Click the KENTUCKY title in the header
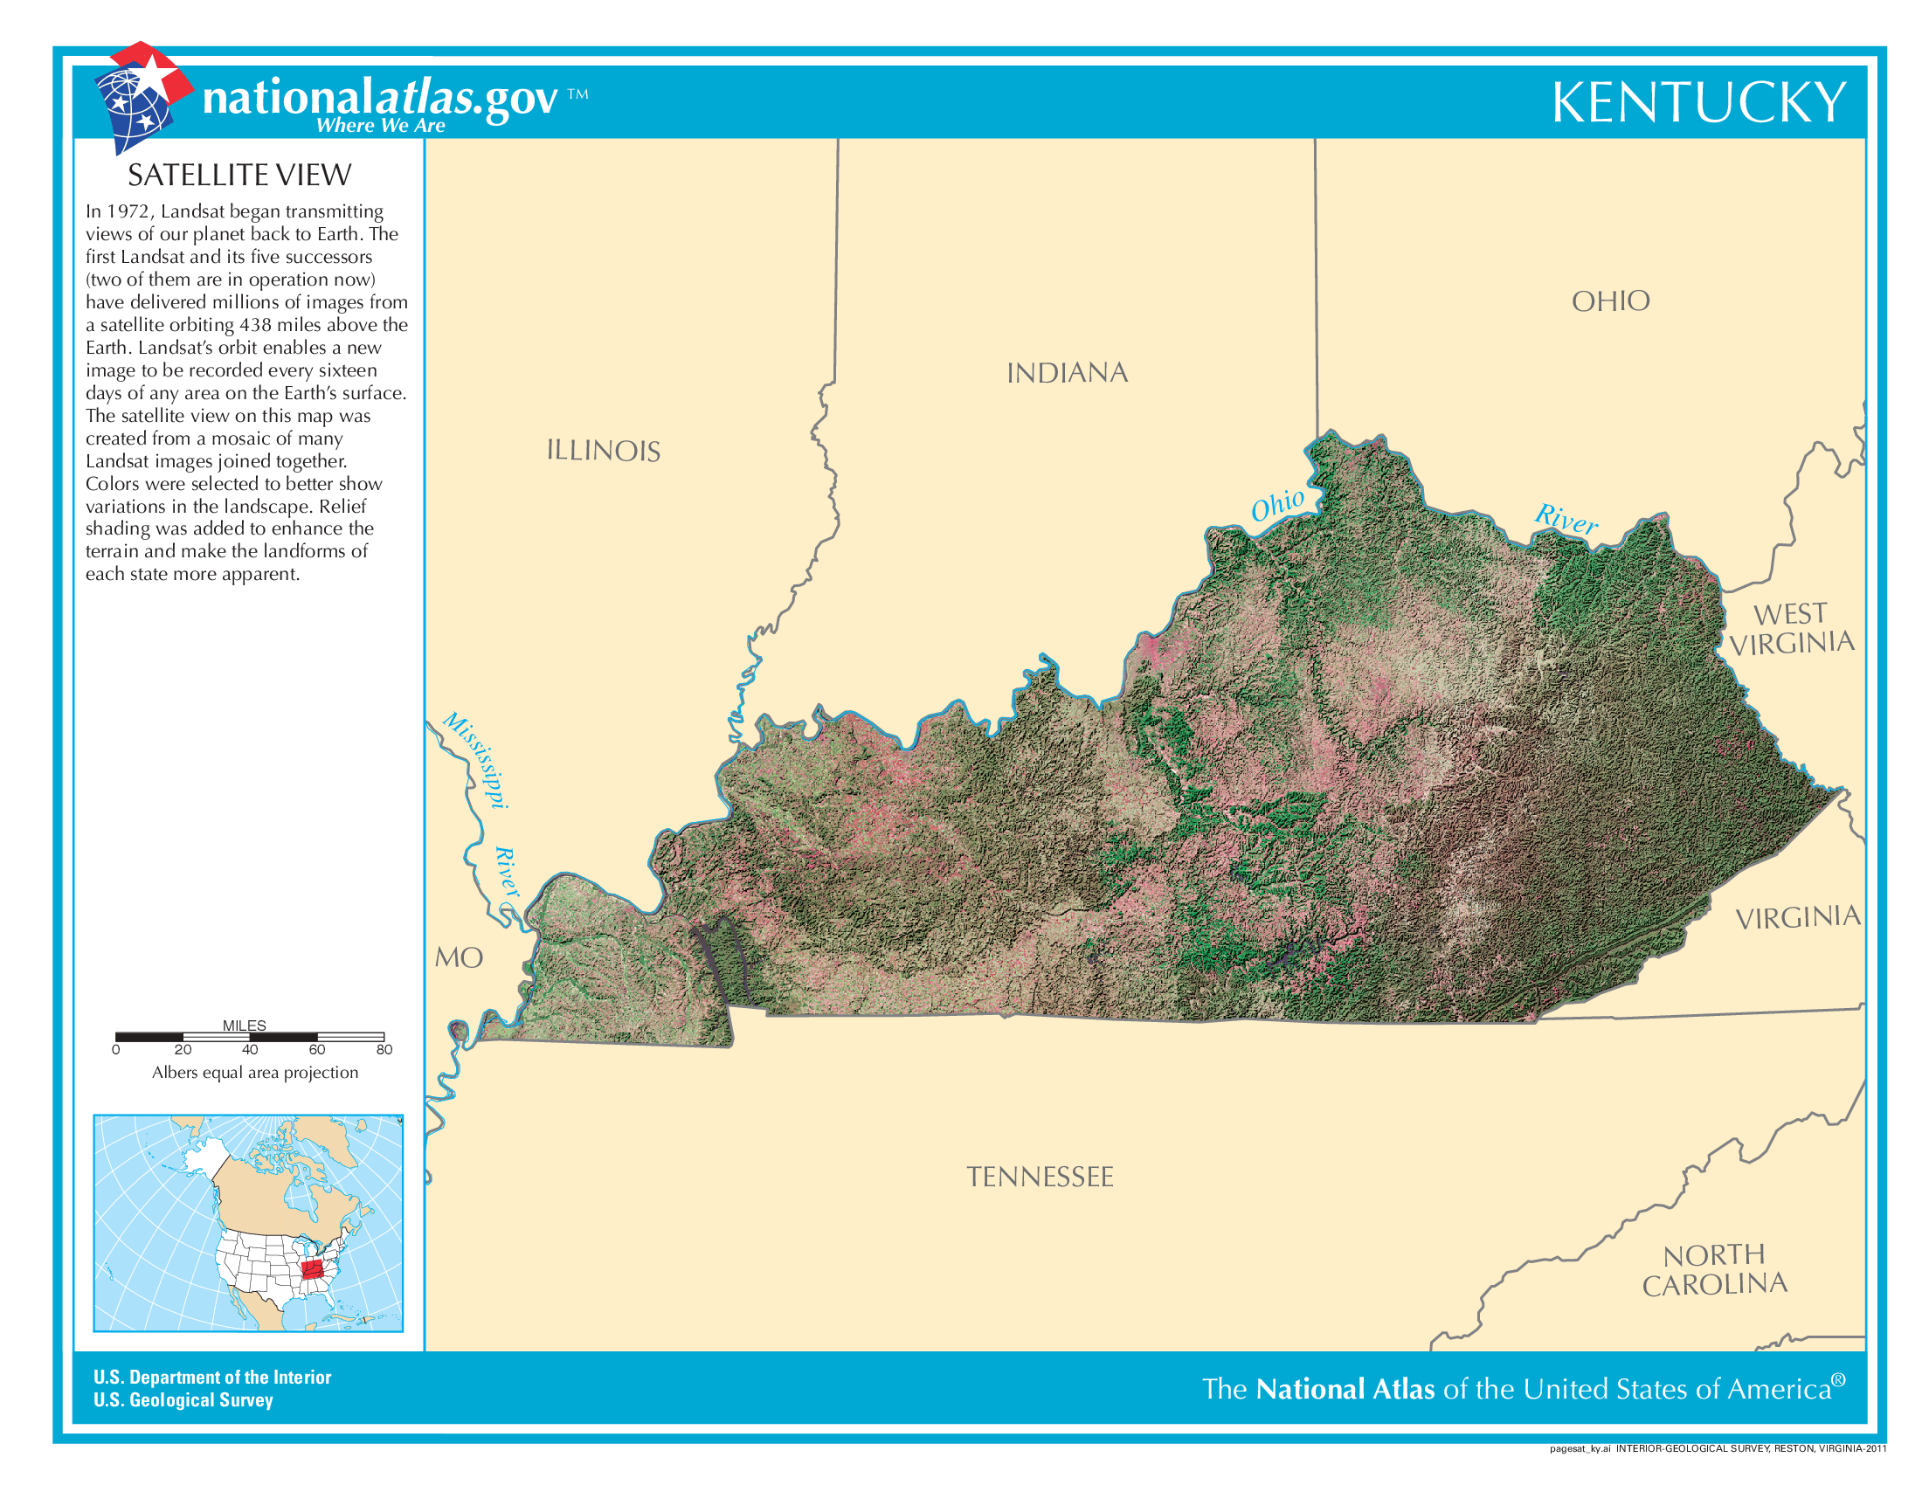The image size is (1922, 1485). tap(1697, 103)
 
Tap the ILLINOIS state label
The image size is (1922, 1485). tap(603, 452)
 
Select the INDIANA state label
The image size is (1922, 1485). tap(1067, 373)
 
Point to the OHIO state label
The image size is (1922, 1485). tap(1610, 301)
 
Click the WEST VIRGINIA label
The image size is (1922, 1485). tap(1791, 629)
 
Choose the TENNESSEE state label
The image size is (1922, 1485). tap(1040, 1178)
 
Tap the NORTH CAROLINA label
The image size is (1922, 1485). tap(1714, 1269)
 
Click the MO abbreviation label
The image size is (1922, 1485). tap(459, 958)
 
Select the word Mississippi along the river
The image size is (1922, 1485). tap(476, 760)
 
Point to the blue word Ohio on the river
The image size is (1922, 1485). tap(1278, 505)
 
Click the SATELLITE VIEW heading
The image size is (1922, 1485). tap(239, 176)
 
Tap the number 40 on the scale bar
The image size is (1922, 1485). tap(250, 1049)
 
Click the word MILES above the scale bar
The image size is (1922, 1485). tap(244, 1025)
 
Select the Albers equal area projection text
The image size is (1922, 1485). tap(255, 1073)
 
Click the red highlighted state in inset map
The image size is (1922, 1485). tap(312, 1269)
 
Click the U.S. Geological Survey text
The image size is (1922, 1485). tap(183, 1399)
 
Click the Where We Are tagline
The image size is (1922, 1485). tap(380, 126)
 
